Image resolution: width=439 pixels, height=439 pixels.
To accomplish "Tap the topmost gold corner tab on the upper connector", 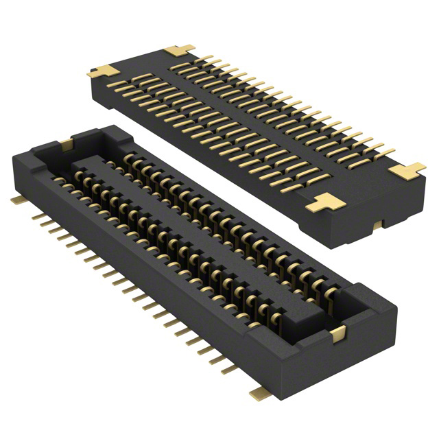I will point(180,50).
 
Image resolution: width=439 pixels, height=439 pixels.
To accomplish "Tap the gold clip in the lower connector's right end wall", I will point(337,334).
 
